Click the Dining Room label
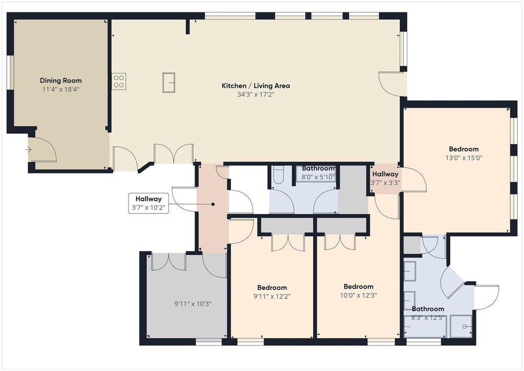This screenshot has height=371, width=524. pyautogui.click(x=61, y=80)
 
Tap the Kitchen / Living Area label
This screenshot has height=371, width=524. pyautogui.click(x=256, y=86)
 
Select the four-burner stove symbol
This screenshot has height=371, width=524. pyautogui.click(x=119, y=81)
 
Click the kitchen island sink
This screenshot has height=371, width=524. pyautogui.click(x=169, y=82)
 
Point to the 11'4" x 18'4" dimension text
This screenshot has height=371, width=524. pyautogui.click(x=61, y=89)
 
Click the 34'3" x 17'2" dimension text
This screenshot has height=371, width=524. pyautogui.click(x=256, y=95)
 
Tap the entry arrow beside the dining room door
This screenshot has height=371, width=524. pyautogui.click(x=29, y=150)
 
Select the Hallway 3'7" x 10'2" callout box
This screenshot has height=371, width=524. pyautogui.click(x=148, y=203)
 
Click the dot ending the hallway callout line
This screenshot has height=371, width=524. pyautogui.click(x=212, y=204)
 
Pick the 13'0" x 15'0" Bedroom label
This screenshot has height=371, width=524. pyautogui.click(x=464, y=153)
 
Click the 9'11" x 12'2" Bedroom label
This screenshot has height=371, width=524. pyautogui.click(x=272, y=292)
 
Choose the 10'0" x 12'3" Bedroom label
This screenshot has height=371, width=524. pyautogui.click(x=358, y=291)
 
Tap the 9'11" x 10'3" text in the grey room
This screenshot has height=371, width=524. pyautogui.click(x=193, y=304)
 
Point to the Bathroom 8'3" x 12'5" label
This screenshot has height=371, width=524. pyautogui.click(x=428, y=313)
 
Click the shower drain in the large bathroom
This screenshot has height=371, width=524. pyautogui.click(x=464, y=326)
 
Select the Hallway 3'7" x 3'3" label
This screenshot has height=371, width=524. pyautogui.click(x=385, y=178)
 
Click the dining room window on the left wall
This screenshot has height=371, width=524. pyautogui.click(x=11, y=72)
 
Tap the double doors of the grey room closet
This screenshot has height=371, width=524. pyautogui.click(x=169, y=262)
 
